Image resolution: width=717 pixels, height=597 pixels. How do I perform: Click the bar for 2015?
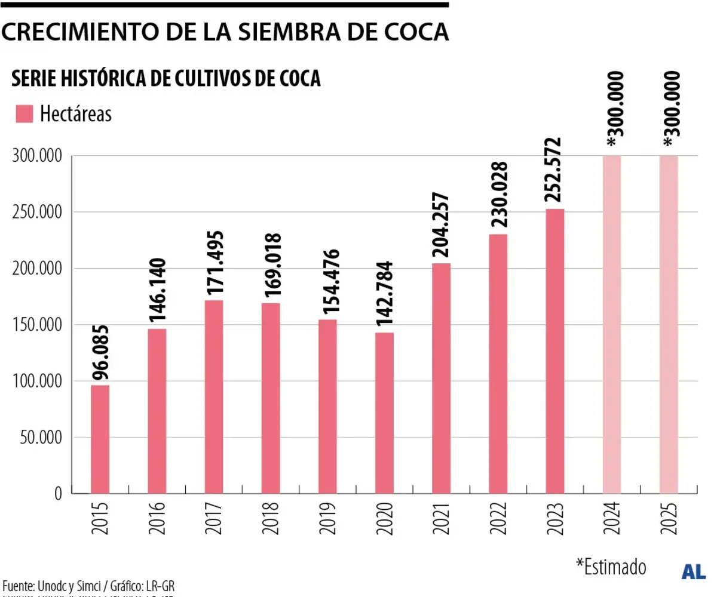100,439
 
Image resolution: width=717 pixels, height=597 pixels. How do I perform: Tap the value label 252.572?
554,173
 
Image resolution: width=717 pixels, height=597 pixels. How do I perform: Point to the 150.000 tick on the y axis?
37,325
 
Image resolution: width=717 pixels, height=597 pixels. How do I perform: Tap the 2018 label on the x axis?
271,518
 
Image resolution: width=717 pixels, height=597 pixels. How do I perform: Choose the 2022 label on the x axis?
498,518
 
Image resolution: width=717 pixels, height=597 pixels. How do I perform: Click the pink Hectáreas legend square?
24,114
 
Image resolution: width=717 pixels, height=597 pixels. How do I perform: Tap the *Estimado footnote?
611,566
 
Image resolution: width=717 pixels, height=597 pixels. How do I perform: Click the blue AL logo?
694,571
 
